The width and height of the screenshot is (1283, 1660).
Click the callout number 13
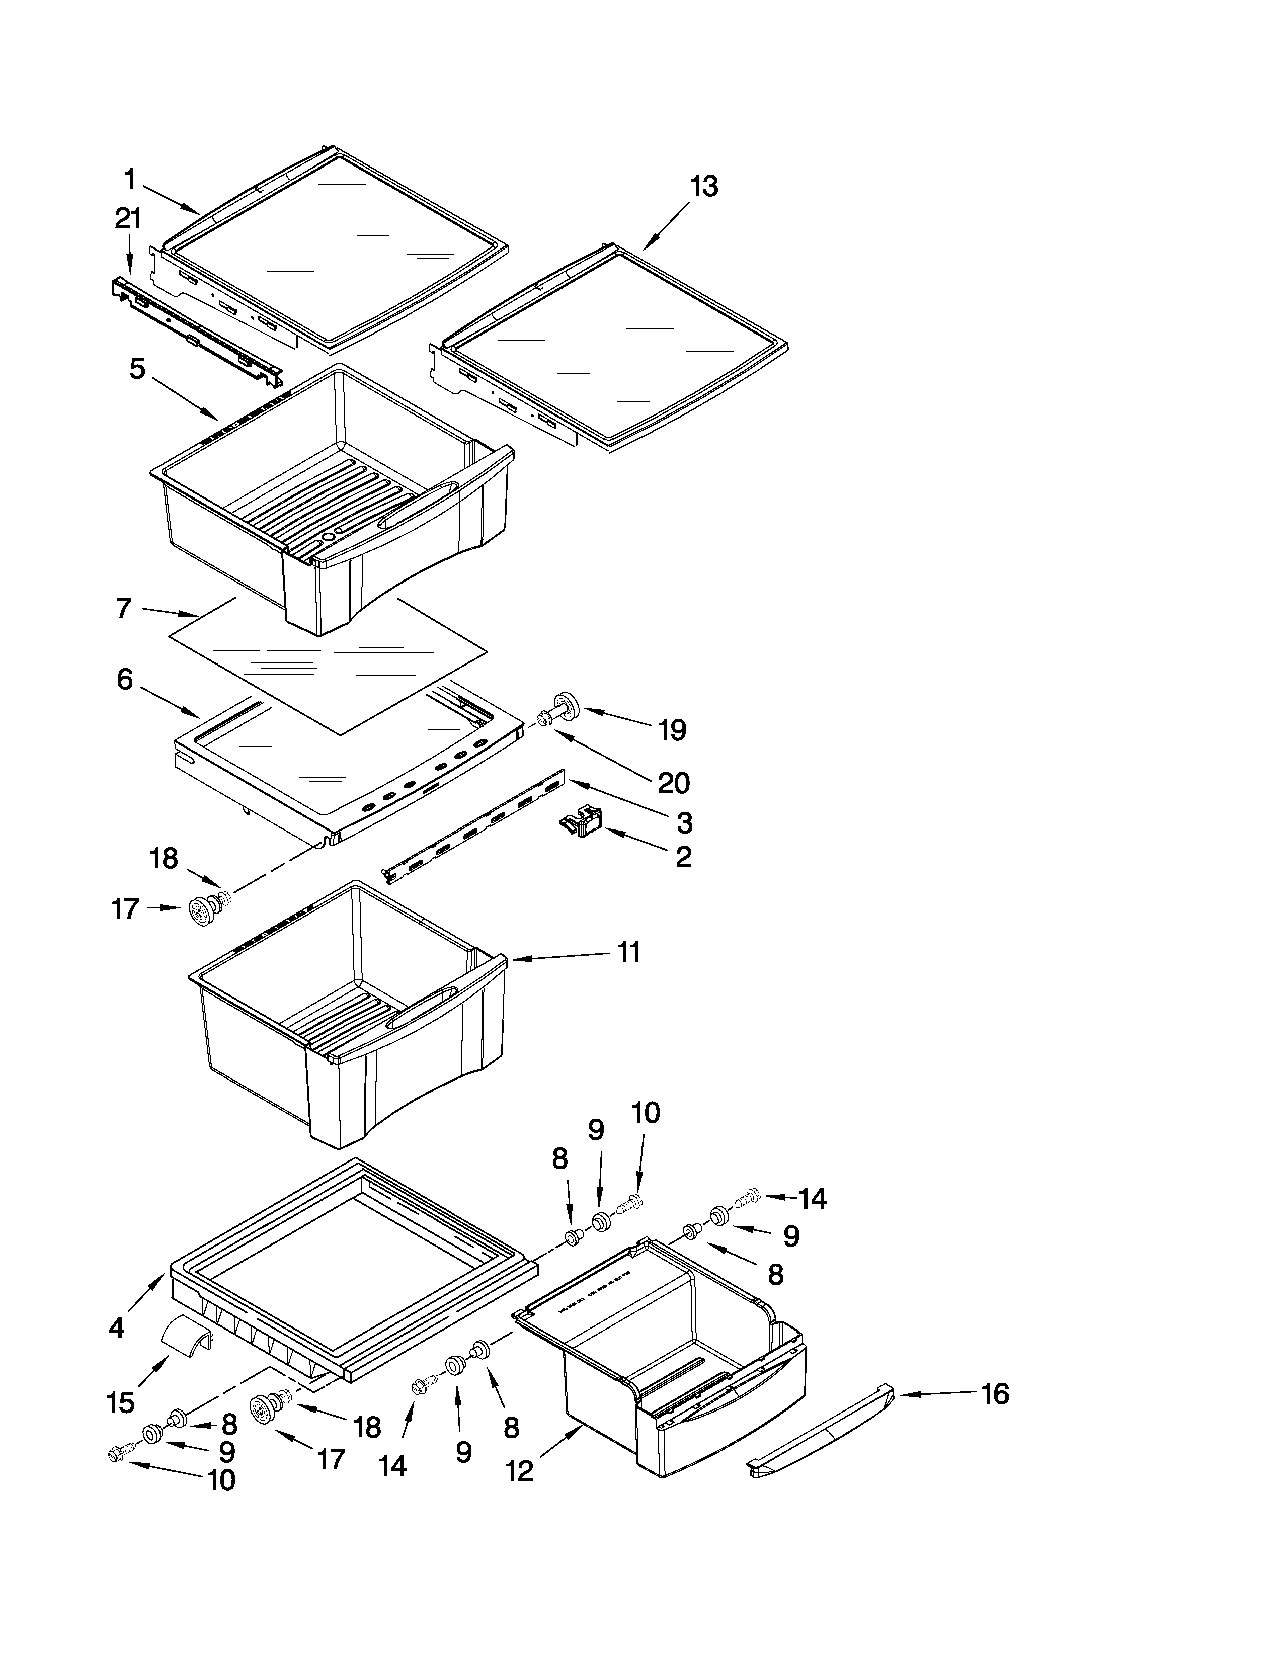pyautogui.click(x=704, y=186)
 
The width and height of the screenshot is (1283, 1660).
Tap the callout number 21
pyautogui.click(x=128, y=220)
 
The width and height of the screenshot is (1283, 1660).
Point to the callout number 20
pyautogui.click(x=673, y=783)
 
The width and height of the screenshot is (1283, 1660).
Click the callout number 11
pyautogui.click(x=628, y=952)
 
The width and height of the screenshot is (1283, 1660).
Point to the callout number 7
pyautogui.click(x=124, y=609)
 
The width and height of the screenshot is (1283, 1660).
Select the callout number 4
pyautogui.click(x=116, y=1327)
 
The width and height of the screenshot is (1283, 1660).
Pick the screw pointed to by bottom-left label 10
pyautogui.click(x=119, y=1453)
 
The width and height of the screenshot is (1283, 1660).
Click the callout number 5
pyautogui.click(x=137, y=369)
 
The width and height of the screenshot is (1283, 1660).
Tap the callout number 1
pyautogui.click(x=130, y=180)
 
